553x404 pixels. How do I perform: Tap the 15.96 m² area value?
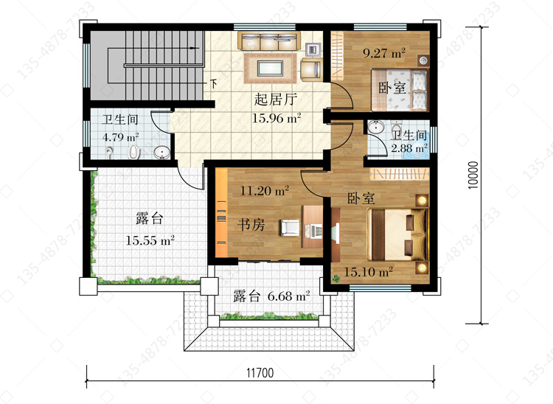pyautogui.click(x=276, y=118)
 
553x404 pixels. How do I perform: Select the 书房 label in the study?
pyautogui.click(x=251, y=225)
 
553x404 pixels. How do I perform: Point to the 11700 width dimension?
pyautogui.click(x=260, y=372)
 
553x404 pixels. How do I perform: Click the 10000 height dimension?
pyautogui.click(x=473, y=175)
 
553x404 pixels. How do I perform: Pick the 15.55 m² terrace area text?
pyautogui.click(x=150, y=240)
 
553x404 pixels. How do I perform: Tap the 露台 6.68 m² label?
pyautogui.click(x=271, y=296)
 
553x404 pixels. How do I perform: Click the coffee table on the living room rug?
pyautogui.click(x=270, y=68)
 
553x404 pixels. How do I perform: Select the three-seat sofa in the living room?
pyautogui.click(x=269, y=41)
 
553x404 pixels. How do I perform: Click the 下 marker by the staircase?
pyautogui.click(x=214, y=84)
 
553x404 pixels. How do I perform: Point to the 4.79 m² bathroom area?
pyautogui.click(x=121, y=137)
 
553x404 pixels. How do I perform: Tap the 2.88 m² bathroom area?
pyautogui.click(x=409, y=148)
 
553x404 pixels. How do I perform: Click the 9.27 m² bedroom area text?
pyautogui.click(x=384, y=53)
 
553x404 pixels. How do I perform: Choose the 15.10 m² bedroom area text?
pyautogui.click(x=368, y=272)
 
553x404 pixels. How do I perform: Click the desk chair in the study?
pyautogui.click(x=290, y=228)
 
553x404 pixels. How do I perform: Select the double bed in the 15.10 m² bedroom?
pyautogui.click(x=397, y=234)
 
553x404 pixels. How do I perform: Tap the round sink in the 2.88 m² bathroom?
pyautogui.click(x=376, y=127)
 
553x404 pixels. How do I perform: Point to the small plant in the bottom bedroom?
pyautogui.click(x=336, y=279)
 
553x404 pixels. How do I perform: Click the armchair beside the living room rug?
pyautogui.click(x=311, y=69)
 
